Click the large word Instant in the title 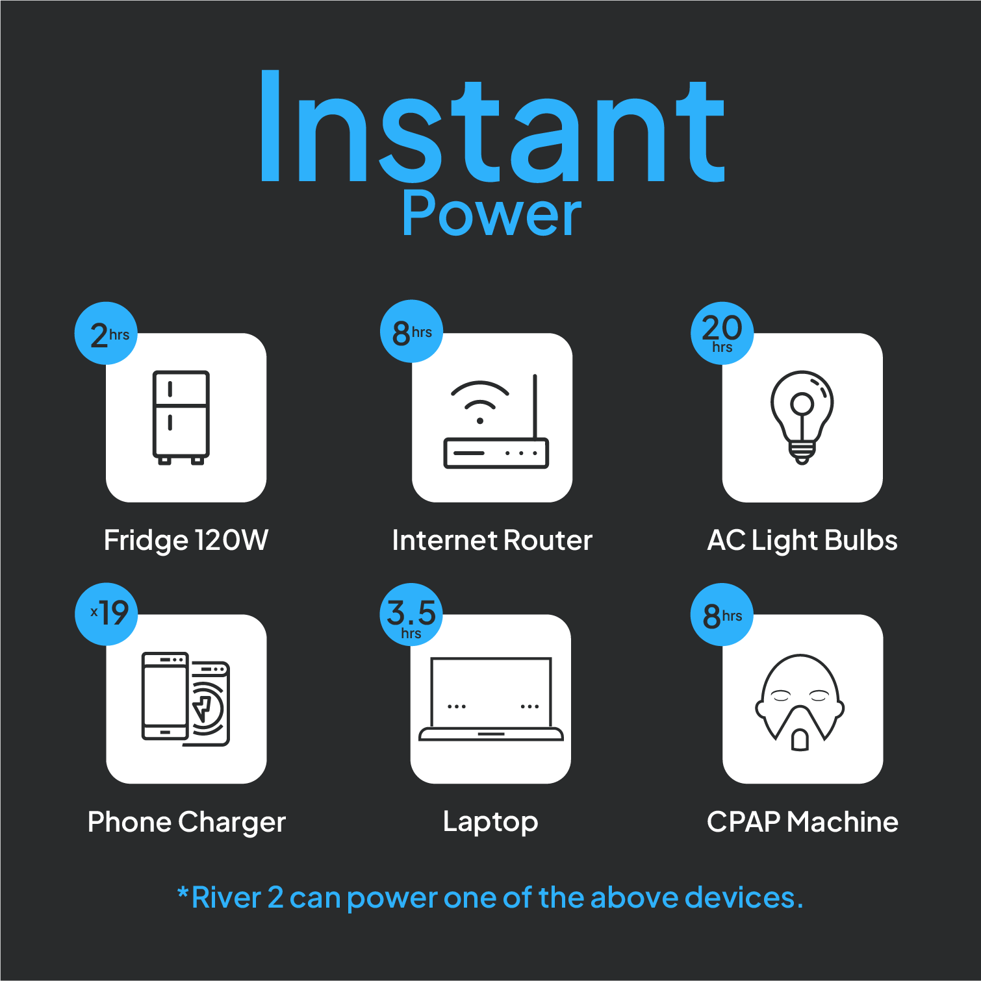[x=492, y=125]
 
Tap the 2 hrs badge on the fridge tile [x=107, y=333]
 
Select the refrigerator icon [x=181, y=417]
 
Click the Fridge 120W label [x=186, y=540]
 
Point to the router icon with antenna [x=496, y=421]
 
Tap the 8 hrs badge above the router [x=411, y=331]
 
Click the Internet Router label [x=492, y=540]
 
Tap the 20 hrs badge [x=722, y=333]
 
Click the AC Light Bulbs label [x=802, y=540]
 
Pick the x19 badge [x=107, y=614]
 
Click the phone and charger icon [x=186, y=699]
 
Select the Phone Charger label [x=187, y=822]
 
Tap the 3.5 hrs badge [x=411, y=614]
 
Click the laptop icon [x=491, y=699]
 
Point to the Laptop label [x=490, y=822]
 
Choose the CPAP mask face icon [x=800, y=702]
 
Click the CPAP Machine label [x=802, y=822]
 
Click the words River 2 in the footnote [x=238, y=897]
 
